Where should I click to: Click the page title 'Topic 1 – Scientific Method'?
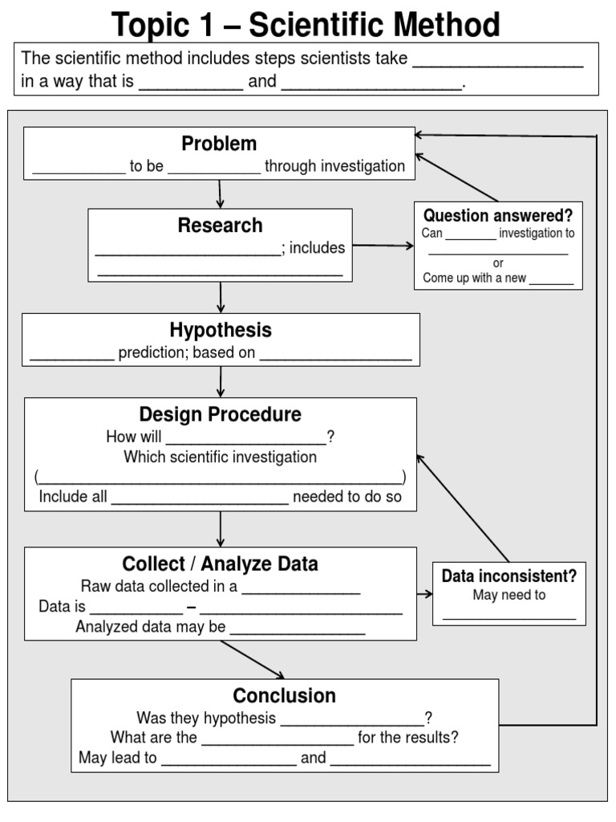coord(306,24)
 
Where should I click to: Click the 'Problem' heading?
coord(219,144)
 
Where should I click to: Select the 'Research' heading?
coord(220,226)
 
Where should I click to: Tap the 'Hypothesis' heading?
coord(221,330)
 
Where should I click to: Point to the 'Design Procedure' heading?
coord(221,414)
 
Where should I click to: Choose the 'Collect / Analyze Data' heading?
coord(220,564)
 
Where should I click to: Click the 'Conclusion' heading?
coord(284,695)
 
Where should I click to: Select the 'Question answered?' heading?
coord(498,215)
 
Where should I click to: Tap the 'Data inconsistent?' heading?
coord(509,576)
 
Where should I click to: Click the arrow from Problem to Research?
coord(220,193)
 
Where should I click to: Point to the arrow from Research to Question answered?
coord(383,245)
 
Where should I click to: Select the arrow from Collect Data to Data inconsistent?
coord(424,594)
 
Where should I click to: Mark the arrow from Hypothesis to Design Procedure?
coord(221,381)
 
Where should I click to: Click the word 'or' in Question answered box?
coord(498,263)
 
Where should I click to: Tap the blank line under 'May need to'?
coord(509,616)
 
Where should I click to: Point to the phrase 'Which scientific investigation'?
coord(220,457)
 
